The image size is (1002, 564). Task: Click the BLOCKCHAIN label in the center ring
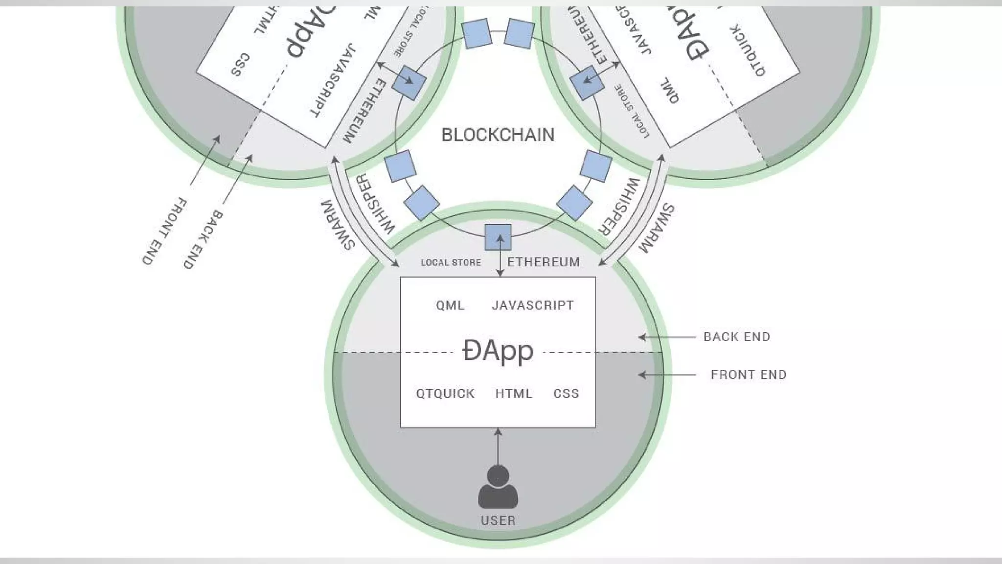(x=498, y=135)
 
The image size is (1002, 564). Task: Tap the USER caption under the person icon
(x=498, y=520)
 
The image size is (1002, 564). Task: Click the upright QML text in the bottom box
(x=450, y=305)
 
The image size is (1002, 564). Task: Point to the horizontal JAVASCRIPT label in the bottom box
(x=532, y=305)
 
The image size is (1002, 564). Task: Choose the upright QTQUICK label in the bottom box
(x=445, y=394)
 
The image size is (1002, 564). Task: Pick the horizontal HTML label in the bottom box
(x=514, y=394)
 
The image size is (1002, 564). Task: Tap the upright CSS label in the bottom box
(x=566, y=394)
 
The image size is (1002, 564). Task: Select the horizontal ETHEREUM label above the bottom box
(x=544, y=262)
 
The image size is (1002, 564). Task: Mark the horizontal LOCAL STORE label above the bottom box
(x=451, y=263)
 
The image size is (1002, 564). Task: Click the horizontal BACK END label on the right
(x=737, y=337)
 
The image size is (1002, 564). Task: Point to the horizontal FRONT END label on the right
(x=749, y=375)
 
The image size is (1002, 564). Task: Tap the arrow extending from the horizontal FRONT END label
(x=666, y=375)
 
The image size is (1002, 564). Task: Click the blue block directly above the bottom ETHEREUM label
(x=498, y=237)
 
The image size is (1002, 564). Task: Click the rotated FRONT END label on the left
(x=164, y=231)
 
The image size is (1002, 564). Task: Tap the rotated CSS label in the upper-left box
(x=240, y=65)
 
